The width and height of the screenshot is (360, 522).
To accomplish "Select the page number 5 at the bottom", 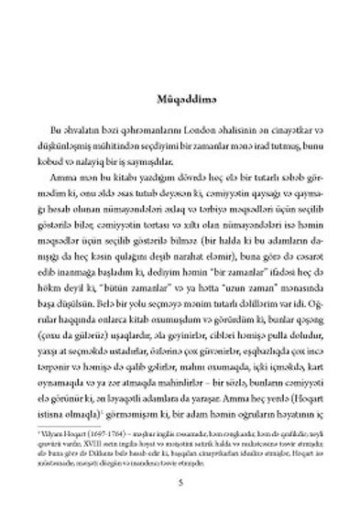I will tap(180, 482).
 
